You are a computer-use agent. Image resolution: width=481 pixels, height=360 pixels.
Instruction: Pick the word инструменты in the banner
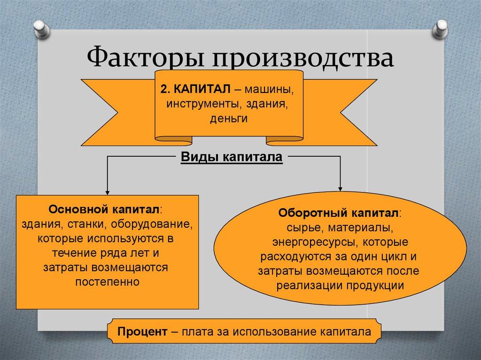pos(193,104)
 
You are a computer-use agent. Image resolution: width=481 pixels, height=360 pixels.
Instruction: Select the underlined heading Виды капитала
pos(231,157)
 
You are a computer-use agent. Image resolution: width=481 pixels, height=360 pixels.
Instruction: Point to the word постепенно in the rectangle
pos(108,283)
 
